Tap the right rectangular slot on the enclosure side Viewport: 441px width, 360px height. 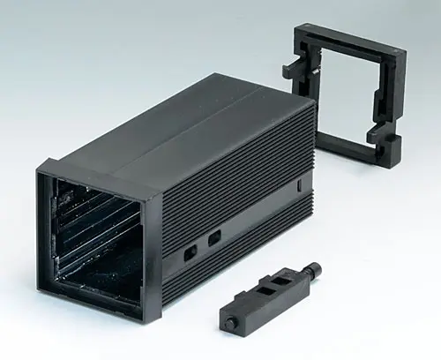click(213, 238)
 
